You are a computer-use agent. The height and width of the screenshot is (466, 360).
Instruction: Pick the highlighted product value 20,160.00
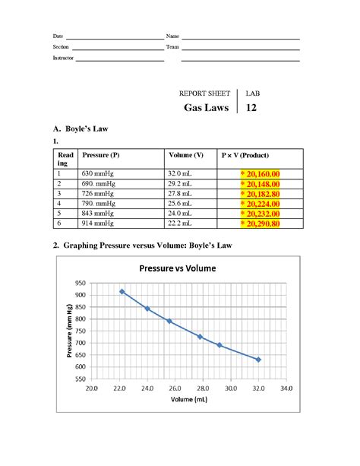261,174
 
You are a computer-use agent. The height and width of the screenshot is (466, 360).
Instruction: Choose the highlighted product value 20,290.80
261,223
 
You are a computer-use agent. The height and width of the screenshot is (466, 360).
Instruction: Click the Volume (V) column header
186,155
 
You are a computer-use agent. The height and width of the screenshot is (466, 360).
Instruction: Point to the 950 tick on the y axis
80,283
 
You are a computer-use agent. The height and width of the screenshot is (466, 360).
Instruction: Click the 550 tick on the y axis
80,378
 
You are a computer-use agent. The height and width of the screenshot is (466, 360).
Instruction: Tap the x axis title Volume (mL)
188,399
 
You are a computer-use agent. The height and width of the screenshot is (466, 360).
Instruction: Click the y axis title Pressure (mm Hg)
70,330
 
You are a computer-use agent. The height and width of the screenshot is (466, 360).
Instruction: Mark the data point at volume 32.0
258,360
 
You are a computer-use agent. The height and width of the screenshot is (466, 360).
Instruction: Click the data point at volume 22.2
122,291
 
